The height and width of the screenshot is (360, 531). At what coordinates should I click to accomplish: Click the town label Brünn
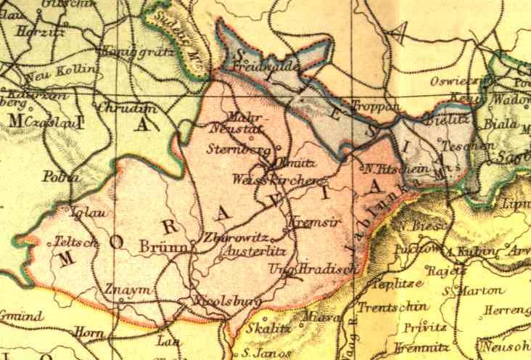tap(165, 247)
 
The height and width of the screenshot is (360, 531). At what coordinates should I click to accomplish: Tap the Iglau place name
tap(82, 213)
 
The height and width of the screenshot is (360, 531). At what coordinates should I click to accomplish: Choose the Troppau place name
tap(374, 106)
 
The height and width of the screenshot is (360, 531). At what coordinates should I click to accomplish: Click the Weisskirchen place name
tap(276, 179)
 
